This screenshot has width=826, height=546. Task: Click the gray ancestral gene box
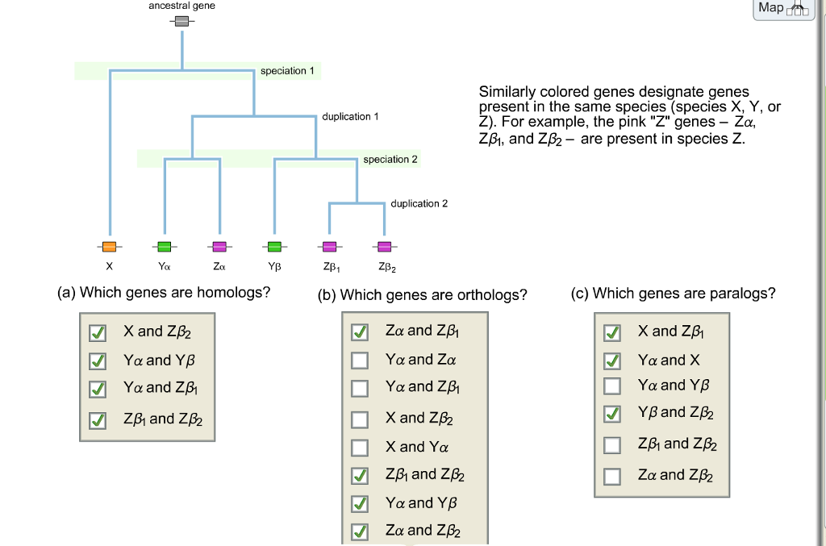(x=181, y=22)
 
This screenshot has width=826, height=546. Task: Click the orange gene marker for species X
(x=109, y=246)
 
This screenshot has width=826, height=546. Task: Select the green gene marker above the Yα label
(x=165, y=246)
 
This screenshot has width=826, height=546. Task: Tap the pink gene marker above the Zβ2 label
(x=384, y=246)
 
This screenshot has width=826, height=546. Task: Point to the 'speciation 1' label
(x=282, y=71)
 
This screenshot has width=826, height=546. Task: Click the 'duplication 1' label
(x=350, y=117)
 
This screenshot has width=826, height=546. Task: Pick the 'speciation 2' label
(x=390, y=160)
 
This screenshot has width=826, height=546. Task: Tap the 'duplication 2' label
(x=419, y=203)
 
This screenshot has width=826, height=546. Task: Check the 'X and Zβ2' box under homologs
(x=97, y=333)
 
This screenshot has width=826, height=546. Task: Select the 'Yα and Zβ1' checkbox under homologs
(x=97, y=389)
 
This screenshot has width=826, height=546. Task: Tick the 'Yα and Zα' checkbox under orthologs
(x=360, y=361)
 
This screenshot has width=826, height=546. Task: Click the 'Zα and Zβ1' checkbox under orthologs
(x=360, y=331)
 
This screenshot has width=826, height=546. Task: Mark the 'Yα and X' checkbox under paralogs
(x=613, y=361)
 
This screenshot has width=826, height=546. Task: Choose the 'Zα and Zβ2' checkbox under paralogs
(x=613, y=476)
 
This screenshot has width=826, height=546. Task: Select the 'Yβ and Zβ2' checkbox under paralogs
(x=613, y=415)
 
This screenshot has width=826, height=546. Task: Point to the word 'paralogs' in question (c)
(x=742, y=294)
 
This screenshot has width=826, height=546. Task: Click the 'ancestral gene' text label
(x=181, y=6)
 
